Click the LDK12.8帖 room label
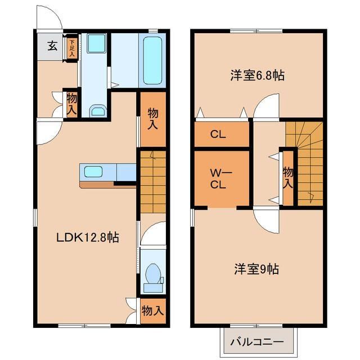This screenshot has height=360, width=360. [x=87, y=238]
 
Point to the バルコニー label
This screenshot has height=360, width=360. [x=255, y=342]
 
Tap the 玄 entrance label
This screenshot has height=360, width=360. [x=52, y=46]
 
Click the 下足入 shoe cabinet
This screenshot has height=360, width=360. [x=71, y=46]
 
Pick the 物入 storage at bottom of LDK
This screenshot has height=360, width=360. [x=152, y=310]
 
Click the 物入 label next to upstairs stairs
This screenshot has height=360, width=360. [x=287, y=178]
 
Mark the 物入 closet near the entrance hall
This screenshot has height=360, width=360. [x=71, y=105]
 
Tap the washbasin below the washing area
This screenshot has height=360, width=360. [x=98, y=110]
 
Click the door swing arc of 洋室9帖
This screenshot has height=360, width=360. [x=264, y=220]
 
